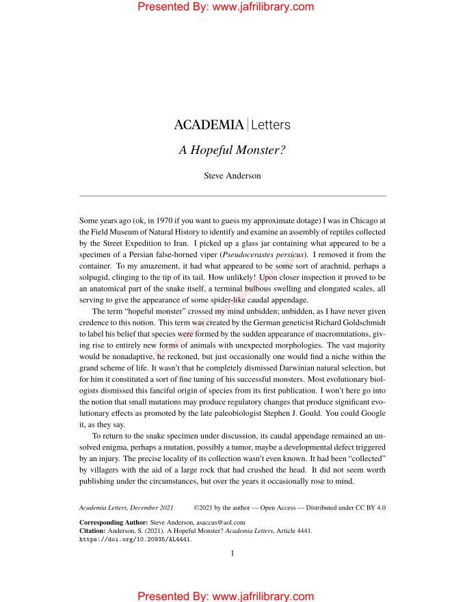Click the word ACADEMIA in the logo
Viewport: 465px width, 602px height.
(209, 125)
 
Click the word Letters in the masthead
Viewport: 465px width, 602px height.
(271, 125)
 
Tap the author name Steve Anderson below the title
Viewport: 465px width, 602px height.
(232, 176)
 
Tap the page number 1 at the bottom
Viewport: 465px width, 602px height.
(232, 553)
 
